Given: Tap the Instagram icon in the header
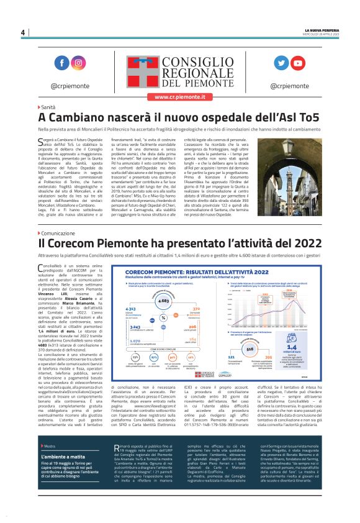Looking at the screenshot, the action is tap(79, 63).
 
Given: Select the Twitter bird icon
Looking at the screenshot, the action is tap(281, 63).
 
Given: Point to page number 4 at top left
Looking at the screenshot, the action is tap(22, 32).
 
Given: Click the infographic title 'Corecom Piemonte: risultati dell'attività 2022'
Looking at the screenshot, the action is tap(197, 272).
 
